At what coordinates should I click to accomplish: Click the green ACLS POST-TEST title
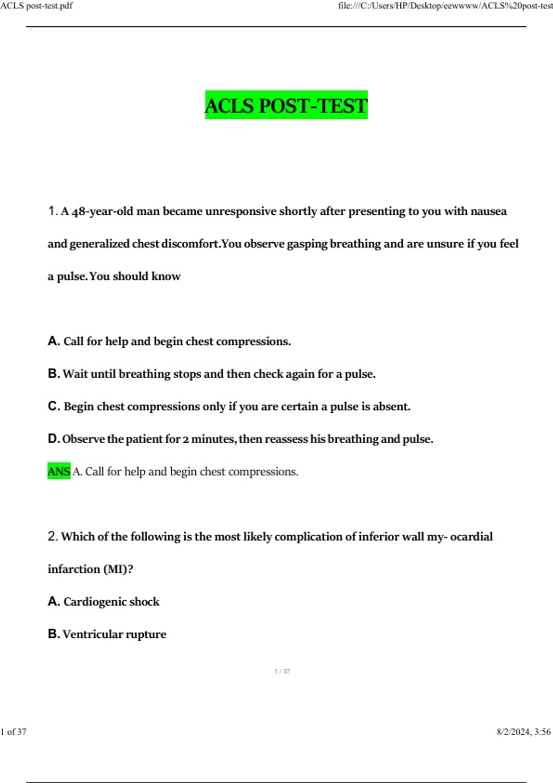tap(286, 105)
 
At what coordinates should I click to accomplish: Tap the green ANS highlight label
tap(59, 471)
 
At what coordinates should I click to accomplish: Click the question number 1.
tap(53, 211)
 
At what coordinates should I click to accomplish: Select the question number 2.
tap(53, 536)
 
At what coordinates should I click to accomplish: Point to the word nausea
tap(488, 211)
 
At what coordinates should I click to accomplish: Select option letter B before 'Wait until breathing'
tap(53, 374)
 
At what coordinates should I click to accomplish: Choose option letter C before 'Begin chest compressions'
tap(53, 406)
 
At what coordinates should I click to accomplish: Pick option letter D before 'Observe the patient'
tap(53, 438)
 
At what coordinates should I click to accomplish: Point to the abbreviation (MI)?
tap(118, 569)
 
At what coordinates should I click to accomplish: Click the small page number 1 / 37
tap(282, 671)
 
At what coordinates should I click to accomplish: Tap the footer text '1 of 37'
tap(14, 732)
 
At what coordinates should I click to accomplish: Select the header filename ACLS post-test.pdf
tap(36, 6)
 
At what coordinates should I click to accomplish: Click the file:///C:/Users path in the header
tap(445, 6)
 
